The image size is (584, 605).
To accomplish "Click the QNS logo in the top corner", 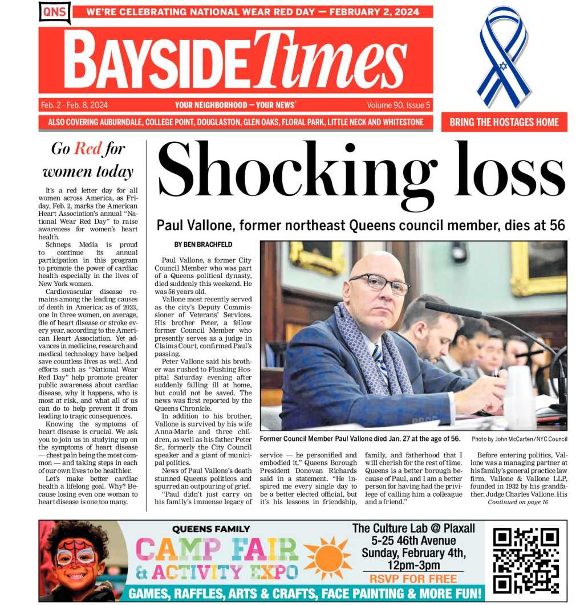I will click(54, 11).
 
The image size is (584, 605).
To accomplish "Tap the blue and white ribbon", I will click(504, 57).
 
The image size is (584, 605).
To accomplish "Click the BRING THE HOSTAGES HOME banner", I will click(504, 122).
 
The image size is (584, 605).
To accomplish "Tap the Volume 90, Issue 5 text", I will click(399, 105).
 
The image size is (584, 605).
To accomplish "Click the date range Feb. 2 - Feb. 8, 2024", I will click(74, 105).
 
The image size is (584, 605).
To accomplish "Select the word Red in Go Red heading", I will click(88, 149).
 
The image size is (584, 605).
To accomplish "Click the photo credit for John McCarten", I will click(519, 439).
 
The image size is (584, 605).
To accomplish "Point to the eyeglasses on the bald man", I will click(379, 283).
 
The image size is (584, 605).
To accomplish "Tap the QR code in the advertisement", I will click(525, 561).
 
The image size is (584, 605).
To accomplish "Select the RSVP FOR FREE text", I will click(413, 579).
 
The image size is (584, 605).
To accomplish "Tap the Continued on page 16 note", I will click(518, 502).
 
